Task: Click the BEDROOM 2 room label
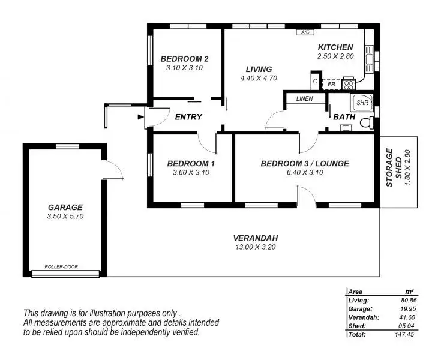[184, 59]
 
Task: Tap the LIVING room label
[259, 69]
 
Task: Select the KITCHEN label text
[335, 47]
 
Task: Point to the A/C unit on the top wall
[305, 32]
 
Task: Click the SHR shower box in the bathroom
[362, 103]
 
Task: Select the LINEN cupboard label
[304, 98]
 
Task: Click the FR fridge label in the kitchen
[331, 85]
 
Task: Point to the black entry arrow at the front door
[140, 118]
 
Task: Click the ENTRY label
[188, 117]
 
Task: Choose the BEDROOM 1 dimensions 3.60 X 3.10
[190, 173]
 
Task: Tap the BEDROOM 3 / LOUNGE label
[304, 163]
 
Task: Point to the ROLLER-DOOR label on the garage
[61, 267]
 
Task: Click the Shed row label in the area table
[356, 325]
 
